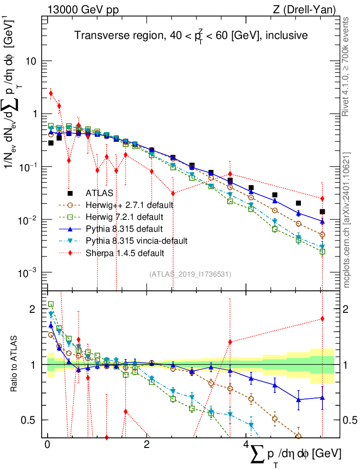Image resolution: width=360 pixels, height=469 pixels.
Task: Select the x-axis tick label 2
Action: click(147, 445)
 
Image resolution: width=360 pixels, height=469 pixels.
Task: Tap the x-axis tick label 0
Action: click(48, 445)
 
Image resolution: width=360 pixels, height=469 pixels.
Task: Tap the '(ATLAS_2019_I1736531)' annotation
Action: click(190, 274)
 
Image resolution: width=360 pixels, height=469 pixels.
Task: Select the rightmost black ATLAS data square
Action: click(322, 212)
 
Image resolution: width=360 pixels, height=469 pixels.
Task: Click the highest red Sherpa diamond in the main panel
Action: click(51, 93)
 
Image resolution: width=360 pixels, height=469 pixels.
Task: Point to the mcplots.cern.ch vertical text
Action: click(347, 220)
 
